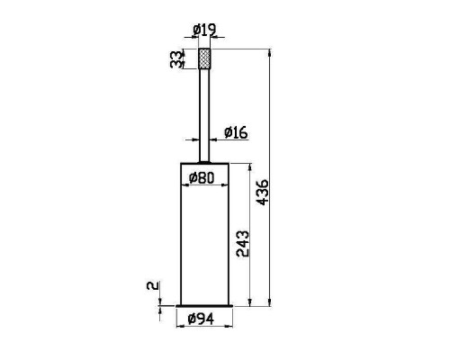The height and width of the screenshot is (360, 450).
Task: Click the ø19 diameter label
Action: (x=204, y=30)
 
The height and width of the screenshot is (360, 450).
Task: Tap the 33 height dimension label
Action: (x=176, y=59)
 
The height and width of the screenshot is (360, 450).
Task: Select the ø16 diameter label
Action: (x=236, y=132)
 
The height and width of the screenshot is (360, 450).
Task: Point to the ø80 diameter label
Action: (x=202, y=178)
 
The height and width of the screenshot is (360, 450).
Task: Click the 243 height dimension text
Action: (x=243, y=244)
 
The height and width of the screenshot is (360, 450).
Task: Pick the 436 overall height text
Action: (x=263, y=193)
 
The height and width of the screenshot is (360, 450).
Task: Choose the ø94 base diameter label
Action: (x=201, y=319)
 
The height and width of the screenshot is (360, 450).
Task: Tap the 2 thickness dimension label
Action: (x=153, y=285)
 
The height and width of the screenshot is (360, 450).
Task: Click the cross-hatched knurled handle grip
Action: (x=204, y=58)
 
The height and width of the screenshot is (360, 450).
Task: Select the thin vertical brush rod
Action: (x=204, y=115)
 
